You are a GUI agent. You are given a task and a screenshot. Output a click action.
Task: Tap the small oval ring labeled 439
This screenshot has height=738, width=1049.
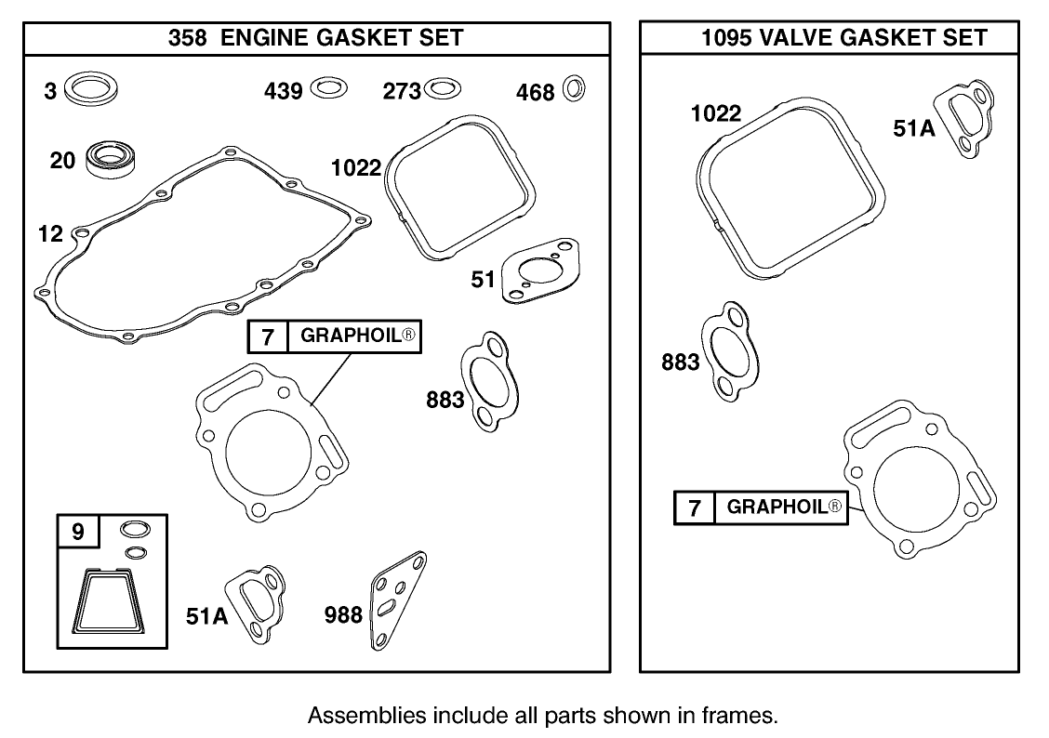[327, 89]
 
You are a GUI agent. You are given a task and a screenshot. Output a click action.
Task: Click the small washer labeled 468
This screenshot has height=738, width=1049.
[577, 89]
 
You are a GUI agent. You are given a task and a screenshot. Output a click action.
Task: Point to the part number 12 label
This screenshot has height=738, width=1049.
[49, 233]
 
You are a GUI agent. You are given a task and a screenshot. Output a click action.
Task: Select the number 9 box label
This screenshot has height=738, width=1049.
[78, 532]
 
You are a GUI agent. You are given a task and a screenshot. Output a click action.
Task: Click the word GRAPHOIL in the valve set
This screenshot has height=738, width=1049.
[776, 507]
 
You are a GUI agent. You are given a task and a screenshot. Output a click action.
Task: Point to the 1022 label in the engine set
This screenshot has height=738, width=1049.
[356, 168]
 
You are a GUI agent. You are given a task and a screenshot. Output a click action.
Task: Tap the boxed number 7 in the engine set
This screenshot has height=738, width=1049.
[268, 336]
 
